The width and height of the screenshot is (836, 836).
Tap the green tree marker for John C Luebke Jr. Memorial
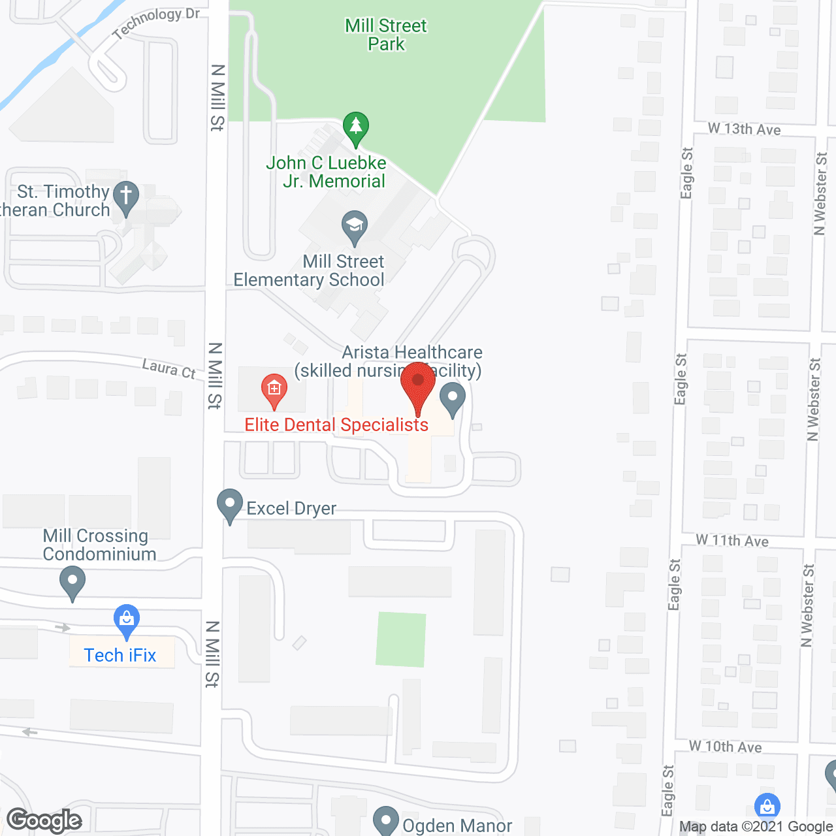(355, 127)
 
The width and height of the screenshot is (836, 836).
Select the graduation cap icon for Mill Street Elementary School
(355, 226)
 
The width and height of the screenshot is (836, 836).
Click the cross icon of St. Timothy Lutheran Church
(126, 197)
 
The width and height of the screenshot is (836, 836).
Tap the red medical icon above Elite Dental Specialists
(274, 389)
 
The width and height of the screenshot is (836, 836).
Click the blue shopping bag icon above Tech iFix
(127, 619)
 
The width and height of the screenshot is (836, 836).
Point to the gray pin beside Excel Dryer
(230, 504)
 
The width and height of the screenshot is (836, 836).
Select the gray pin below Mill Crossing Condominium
(72, 581)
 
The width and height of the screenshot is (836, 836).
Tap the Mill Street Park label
(386, 35)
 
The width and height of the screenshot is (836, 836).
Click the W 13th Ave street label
(745, 129)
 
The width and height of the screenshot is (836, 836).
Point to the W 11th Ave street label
(732, 540)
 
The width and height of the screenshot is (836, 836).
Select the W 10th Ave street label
(726, 747)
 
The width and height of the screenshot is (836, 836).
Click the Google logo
(44, 820)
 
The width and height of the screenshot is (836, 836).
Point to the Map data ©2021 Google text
(756, 827)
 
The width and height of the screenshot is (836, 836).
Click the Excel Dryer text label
(291, 508)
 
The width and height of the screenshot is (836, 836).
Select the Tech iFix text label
(120, 655)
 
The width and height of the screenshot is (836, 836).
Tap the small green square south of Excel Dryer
(401, 639)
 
